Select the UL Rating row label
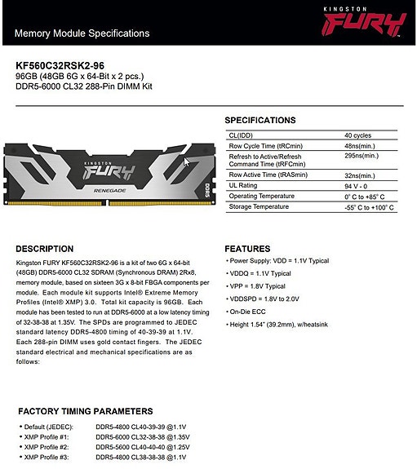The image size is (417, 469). point(243,186)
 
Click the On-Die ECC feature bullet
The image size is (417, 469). point(252,312)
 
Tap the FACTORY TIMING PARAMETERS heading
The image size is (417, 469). point(85,411)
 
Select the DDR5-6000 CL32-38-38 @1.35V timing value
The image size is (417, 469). point(141,437)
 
